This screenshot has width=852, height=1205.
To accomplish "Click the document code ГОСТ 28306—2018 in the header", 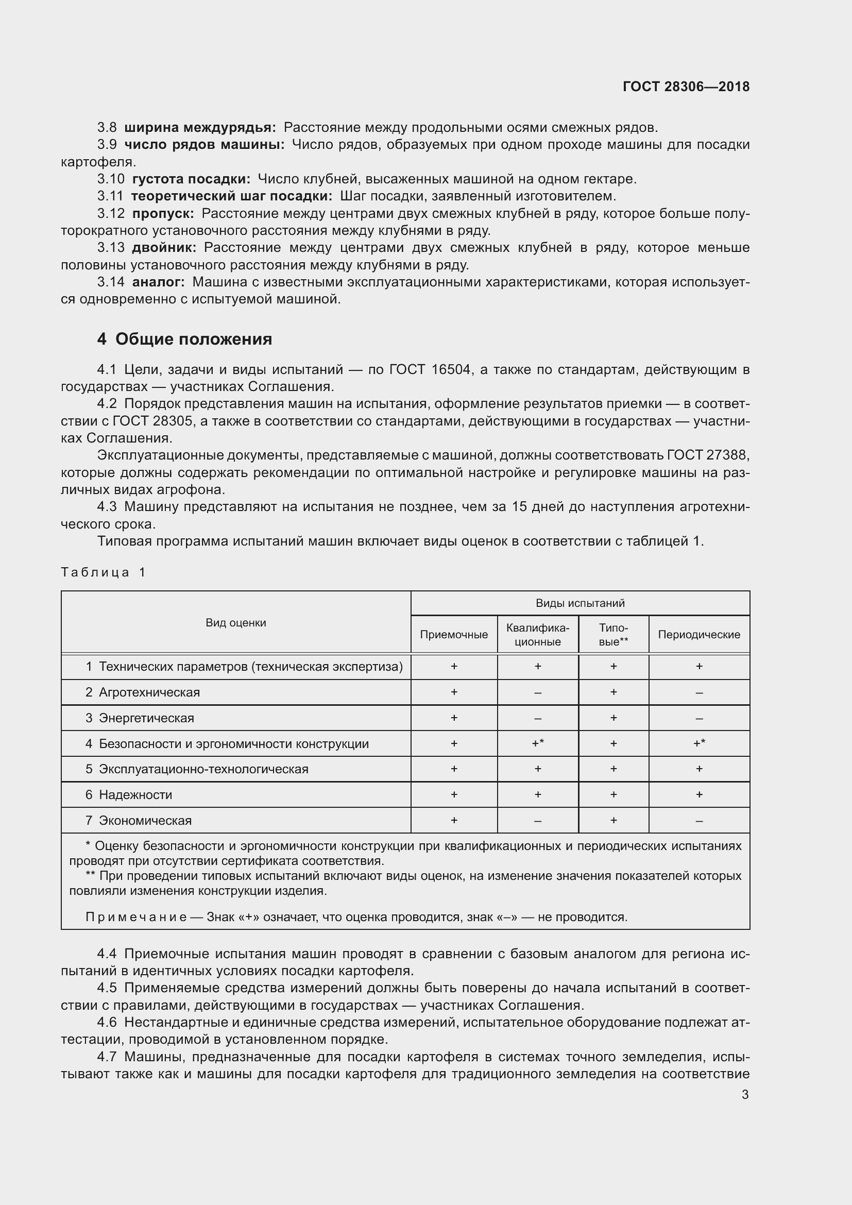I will (x=686, y=87).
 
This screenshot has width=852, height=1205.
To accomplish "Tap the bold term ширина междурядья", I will (x=200, y=128).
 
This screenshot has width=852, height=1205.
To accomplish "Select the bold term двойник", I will (x=164, y=248).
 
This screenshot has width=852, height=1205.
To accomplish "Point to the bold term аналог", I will (x=159, y=282).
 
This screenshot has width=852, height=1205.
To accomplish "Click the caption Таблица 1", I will (x=104, y=572).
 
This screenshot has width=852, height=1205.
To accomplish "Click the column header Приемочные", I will (x=454, y=635).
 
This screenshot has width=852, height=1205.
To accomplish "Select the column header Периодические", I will (x=699, y=635).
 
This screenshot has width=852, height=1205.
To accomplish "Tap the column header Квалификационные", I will (x=538, y=635).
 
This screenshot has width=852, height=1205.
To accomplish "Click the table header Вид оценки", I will (x=235, y=623).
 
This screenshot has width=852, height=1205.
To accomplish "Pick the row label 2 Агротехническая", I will (x=143, y=692).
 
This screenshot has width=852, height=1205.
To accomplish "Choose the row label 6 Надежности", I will (x=129, y=794).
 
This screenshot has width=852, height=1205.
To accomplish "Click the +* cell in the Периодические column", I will (x=699, y=743).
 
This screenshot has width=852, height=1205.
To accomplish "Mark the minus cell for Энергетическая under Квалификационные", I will (x=538, y=718).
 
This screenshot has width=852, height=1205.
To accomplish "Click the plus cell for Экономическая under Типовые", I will (x=614, y=820).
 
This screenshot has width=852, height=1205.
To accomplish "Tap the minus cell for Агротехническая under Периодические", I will (x=699, y=693).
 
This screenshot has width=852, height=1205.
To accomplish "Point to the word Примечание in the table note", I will (x=136, y=917).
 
